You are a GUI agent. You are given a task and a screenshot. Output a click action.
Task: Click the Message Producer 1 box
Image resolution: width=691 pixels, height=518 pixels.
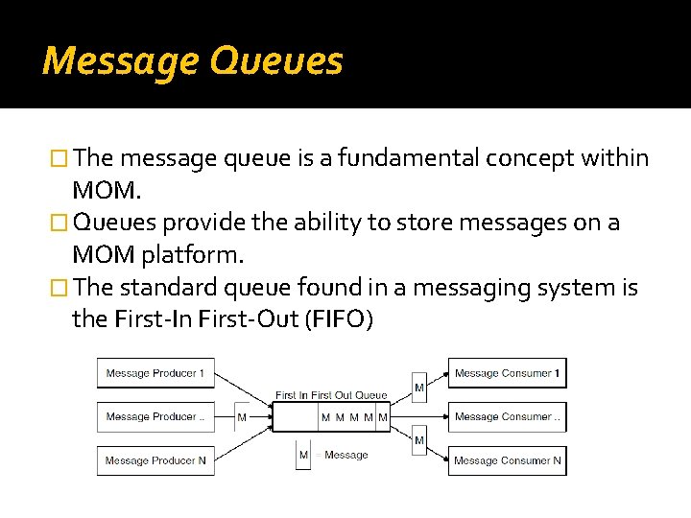155,373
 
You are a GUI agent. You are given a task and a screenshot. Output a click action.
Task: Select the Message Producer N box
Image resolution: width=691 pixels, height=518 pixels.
155,460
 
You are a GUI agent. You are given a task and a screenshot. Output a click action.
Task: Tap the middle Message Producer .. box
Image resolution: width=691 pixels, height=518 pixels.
155,416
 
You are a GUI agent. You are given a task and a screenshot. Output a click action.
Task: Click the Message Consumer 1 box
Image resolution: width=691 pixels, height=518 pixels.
507,373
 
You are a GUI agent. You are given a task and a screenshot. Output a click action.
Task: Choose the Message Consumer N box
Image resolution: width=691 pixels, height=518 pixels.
507,460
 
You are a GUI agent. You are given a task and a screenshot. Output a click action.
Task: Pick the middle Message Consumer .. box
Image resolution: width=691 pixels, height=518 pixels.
507,416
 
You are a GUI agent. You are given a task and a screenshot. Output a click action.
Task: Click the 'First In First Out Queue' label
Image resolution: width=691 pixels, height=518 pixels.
331,395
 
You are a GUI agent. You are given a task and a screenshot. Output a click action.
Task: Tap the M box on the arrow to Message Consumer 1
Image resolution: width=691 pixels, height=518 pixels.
419,387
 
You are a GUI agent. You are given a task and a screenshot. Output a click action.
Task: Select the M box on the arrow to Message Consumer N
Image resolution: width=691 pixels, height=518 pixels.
419,440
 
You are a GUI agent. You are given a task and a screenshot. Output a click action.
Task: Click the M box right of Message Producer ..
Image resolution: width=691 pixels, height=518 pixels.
242,417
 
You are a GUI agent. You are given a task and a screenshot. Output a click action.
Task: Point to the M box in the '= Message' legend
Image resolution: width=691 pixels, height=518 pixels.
303,455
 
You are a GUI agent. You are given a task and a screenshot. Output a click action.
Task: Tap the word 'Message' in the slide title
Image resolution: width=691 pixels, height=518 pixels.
120,61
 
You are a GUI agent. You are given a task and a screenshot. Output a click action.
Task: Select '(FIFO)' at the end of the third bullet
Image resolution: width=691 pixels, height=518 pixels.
338,319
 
